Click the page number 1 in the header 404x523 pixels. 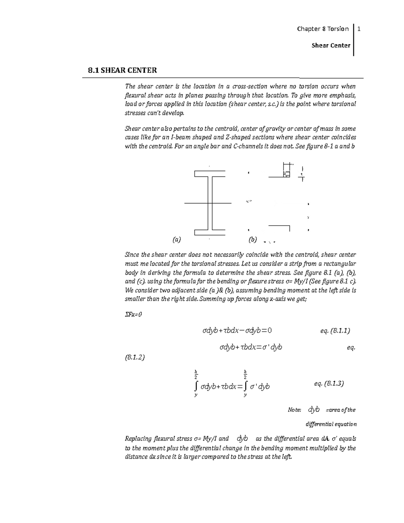tap(359, 29)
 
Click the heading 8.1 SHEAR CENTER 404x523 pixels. tap(122, 70)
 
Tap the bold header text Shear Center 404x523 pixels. tap(331, 45)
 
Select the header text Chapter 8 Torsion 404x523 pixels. tap(323, 29)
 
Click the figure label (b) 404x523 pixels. tap(252, 240)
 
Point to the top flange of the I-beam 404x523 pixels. tap(210, 174)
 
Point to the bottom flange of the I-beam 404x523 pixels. tap(210, 232)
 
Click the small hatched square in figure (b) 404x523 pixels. tap(287, 174)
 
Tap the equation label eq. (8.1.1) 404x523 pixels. tap(335, 331)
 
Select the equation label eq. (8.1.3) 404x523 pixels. tap(329, 383)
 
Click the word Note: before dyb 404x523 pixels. tap(294, 410)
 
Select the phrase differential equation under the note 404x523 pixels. tap(331, 424)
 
